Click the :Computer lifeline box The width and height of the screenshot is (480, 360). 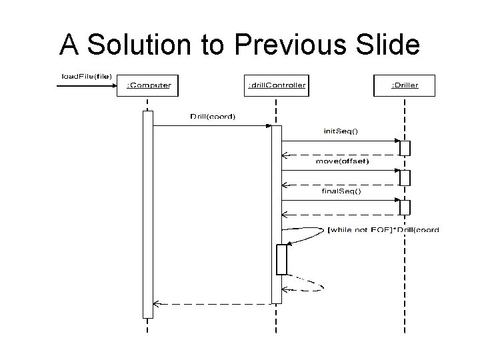(x=149, y=85)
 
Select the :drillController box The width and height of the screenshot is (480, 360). (x=277, y=85)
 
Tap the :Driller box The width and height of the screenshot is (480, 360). (x=404, y=85)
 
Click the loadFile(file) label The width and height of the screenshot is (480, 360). (x=87, y=76)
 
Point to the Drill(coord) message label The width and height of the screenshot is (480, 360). (x=212, y=117)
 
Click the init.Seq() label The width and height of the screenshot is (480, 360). (x=340, y=131)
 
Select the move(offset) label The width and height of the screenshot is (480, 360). (x=341, y=161)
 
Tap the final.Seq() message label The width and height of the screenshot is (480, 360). (x=341, y=191)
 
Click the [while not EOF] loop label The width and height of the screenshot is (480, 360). (x=383, y=230)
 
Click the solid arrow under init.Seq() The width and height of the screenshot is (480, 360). (x=340, y=141)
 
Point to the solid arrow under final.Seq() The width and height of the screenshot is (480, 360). (x=340, y=200)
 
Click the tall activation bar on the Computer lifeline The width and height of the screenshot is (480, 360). (x=147, y=213)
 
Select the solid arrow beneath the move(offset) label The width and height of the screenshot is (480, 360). (x=340, y=170)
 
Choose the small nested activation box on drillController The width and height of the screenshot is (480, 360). (x=281, y=259)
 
